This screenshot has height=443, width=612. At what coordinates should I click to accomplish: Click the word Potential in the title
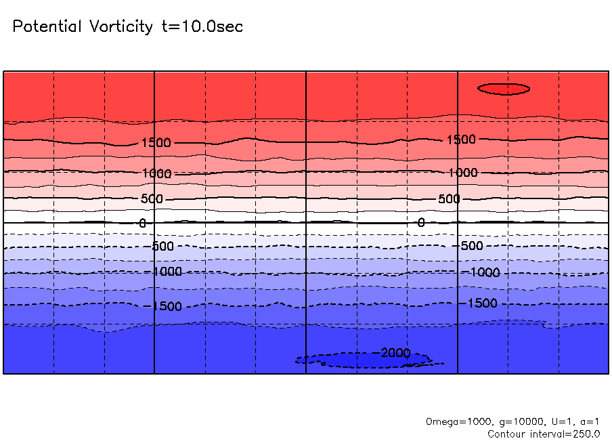click(x=45, y=27)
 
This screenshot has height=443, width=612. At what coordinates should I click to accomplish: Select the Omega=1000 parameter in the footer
click(x=452, y=422)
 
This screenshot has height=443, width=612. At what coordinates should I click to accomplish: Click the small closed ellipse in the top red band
click(x=504, y=89)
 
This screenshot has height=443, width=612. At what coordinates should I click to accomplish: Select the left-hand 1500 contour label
click(x=156, y=143)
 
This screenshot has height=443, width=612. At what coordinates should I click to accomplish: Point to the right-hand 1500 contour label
click(x=461, y=140)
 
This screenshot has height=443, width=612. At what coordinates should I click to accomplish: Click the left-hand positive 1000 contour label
click(x=157, y=173)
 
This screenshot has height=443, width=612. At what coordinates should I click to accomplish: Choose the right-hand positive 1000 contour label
click(x=462, y=173)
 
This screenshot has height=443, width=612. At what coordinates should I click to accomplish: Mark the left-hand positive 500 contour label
click(x=152, y=199)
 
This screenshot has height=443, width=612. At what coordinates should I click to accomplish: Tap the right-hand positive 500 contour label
click(x=448, y=199)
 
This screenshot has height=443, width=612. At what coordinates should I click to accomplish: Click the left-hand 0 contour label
click(x=142, y=223)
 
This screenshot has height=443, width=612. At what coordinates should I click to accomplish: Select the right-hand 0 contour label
click(x=421, y=222)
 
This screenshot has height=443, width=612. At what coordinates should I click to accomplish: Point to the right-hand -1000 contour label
click(x=484, y=272)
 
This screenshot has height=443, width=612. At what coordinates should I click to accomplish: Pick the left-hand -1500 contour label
click(x=165, y=307)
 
